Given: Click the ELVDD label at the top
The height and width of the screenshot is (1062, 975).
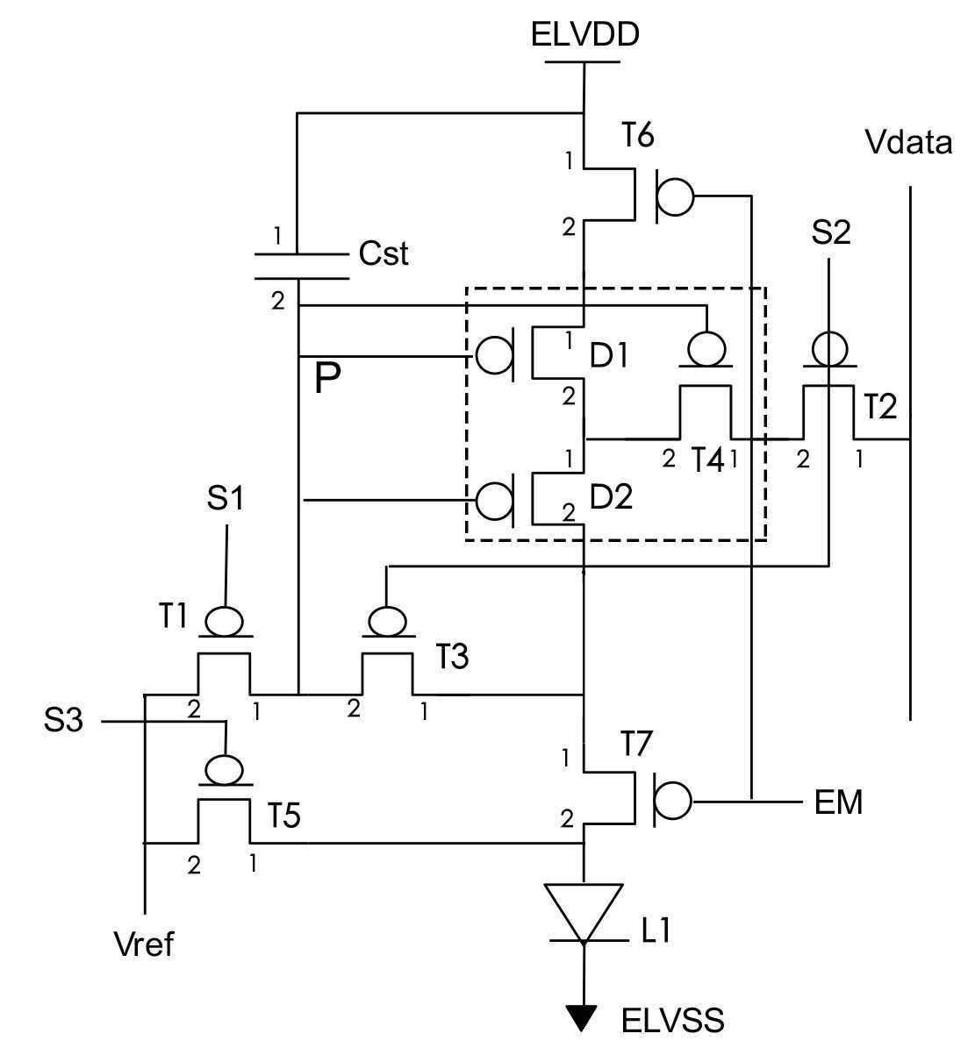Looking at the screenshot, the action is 585,35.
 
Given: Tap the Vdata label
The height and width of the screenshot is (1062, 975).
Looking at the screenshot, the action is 908,142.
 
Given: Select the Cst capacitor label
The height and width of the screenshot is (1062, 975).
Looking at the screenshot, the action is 384,253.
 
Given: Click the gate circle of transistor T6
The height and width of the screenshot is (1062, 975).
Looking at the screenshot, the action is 675,196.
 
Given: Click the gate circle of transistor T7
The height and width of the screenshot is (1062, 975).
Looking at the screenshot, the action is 673,800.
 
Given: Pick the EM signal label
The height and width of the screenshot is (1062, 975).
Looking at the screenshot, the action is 838,802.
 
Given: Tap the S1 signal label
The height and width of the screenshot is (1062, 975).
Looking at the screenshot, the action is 226,498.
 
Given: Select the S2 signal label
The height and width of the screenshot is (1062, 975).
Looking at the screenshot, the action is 831,232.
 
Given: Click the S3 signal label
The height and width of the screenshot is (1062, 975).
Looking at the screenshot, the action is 63,720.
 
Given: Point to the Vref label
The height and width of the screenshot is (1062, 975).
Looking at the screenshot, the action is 144,944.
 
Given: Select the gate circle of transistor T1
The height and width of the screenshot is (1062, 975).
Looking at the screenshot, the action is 224,621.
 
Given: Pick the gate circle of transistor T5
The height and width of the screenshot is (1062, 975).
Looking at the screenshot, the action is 224,769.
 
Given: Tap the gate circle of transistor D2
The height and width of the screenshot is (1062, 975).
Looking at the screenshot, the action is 494,500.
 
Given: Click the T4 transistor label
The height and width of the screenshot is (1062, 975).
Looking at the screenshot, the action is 708,460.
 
